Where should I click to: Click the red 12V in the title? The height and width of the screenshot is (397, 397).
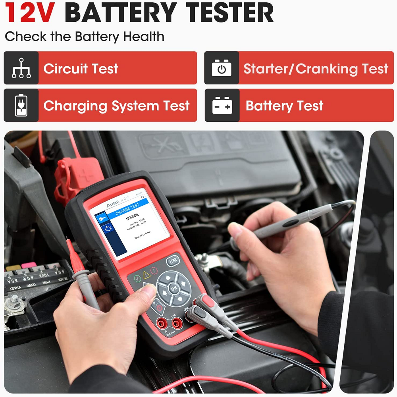click(x=30, y=13)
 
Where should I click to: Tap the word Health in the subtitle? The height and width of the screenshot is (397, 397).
click(x=143, y=37)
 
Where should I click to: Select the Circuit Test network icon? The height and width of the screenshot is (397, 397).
click(x=21, y=68)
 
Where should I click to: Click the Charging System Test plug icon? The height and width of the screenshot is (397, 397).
click(x=21, y=105)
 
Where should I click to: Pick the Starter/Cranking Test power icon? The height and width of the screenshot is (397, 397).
click(x=222, y=68)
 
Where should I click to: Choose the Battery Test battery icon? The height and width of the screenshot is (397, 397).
click(x=222, y=105)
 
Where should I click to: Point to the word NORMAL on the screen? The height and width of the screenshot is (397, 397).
click(x=133, y=219)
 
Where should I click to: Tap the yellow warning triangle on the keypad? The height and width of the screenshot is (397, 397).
click(x=147, y=274)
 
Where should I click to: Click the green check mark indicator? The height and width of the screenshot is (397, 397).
click(x=137, y=278)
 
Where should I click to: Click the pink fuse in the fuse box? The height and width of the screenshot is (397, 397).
click(x=29, y=265)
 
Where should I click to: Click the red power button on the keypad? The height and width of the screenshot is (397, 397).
click(x=159, y=307)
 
